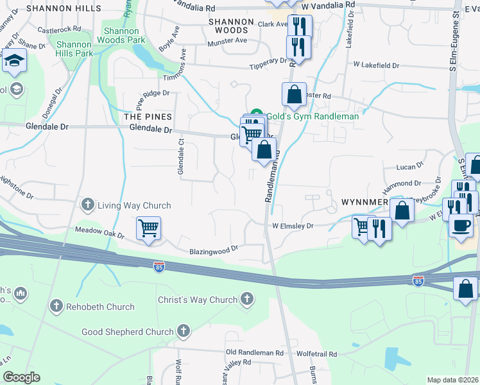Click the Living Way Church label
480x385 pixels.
[x=134, y=205]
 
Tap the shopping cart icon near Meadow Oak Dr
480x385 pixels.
[x=148, y=228]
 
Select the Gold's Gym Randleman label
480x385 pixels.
[x=313, y=116]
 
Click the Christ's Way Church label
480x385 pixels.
[x=198, y=300]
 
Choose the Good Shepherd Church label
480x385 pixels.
[x=128, y=332]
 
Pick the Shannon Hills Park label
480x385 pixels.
[x=75, y=49]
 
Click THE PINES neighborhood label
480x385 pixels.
[x=148, y=116]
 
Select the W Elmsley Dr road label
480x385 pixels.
[x=292, y=226]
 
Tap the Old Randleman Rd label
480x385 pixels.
[x=255, y=353]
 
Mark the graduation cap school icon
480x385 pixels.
[x=13, y=62]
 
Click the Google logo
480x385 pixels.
[x=21, y=377]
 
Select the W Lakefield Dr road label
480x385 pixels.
[x=376, y=65]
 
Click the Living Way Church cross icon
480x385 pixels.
[x=88, y=205]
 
